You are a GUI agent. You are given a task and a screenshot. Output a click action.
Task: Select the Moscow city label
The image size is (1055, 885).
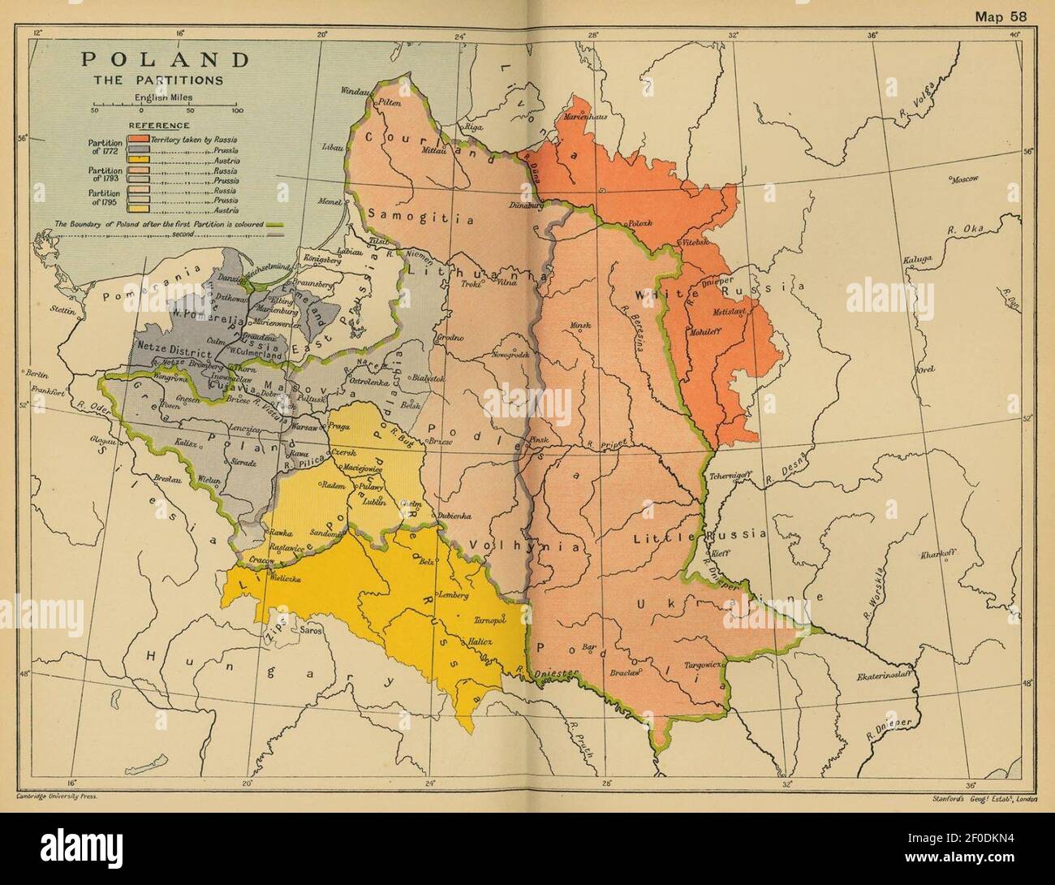[x=965, y=179]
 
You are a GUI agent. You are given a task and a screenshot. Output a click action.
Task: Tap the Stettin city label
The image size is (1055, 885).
[x=37, y=309]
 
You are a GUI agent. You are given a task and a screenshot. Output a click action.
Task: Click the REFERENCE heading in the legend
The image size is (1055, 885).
[x=158, y=126]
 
